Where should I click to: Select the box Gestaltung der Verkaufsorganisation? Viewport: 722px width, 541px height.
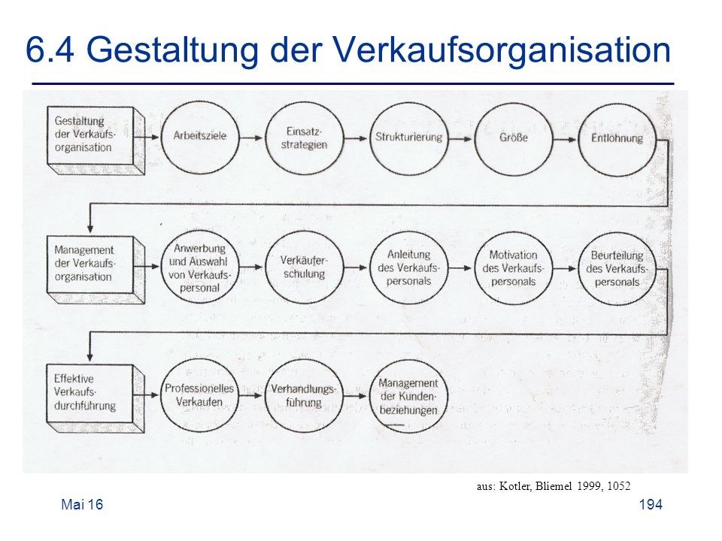(x=96, y=141)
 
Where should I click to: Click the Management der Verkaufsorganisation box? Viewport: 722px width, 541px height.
(x=96, y=270)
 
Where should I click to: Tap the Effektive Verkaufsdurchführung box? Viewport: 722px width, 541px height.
(x=96, y=398)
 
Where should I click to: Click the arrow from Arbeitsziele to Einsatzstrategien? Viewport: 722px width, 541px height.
(x=251, y=138)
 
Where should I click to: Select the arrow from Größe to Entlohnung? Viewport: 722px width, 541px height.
(x=565, y=140)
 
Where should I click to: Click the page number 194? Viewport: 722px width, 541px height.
(x=651, y=505)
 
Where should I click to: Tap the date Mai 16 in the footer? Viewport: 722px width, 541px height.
(x=82, y=505)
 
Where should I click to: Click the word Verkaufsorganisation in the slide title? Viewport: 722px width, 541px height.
(x=502, y=50)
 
